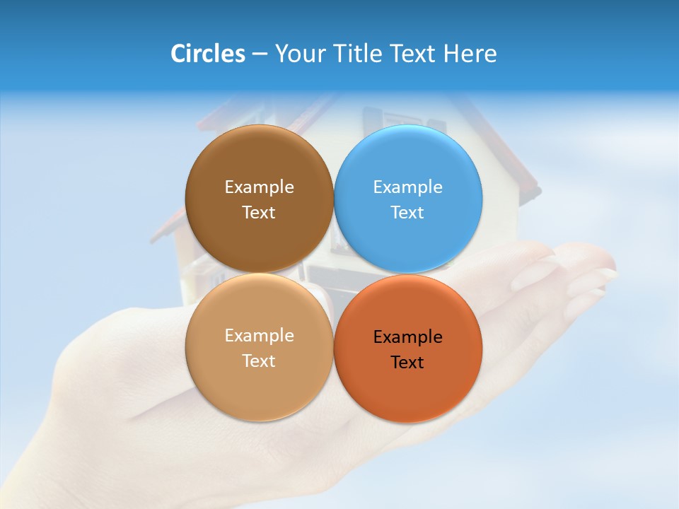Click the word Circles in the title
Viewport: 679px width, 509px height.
[x=208, y=54]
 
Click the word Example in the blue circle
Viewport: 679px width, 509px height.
[x=408, y=187]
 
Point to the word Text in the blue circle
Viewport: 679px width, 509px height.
[x=408, y=213]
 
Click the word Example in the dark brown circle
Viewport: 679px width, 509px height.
[x=259, y=187]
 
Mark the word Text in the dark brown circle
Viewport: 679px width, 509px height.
[x=259, y=213]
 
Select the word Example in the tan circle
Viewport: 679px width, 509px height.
[x=259, y=336]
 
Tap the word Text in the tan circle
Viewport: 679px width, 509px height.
[x=259, y=361]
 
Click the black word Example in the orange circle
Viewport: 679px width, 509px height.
[x=408, y=337]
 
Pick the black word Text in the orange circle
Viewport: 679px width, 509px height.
[x=408, y=363]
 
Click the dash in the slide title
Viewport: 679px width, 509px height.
[x=260, y=54]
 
